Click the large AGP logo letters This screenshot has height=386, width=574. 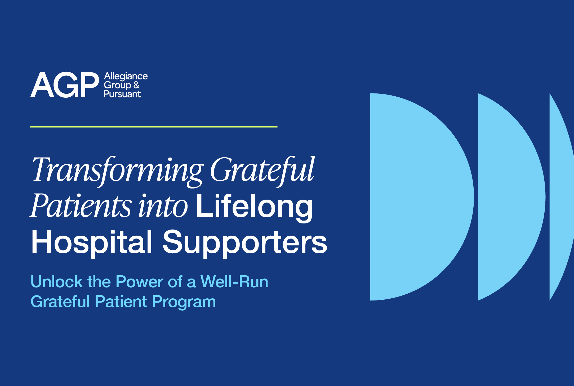click(65, 85)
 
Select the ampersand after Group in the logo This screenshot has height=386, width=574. click(136, 85)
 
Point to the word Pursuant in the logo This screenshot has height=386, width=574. click(122, 94)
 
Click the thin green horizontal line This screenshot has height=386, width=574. click(154, 127)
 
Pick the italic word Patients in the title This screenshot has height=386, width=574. click(81, 205)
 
